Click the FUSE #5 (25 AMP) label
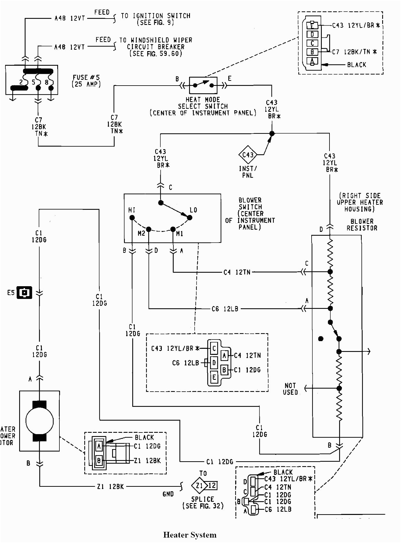86,81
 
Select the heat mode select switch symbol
203,85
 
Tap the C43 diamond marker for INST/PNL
248,155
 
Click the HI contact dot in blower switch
132,218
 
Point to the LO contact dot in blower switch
189,218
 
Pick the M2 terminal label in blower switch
141,233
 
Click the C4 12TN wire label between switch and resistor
237,272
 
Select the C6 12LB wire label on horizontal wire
225,309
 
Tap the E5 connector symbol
24,292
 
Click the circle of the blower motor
39,421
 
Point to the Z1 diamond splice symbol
199,486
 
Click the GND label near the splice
168,494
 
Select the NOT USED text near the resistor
290,389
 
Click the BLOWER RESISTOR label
362,225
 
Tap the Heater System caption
190,535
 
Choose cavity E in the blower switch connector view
214,377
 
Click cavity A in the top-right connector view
312,61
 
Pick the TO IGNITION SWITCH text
155,16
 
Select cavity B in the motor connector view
99,461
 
